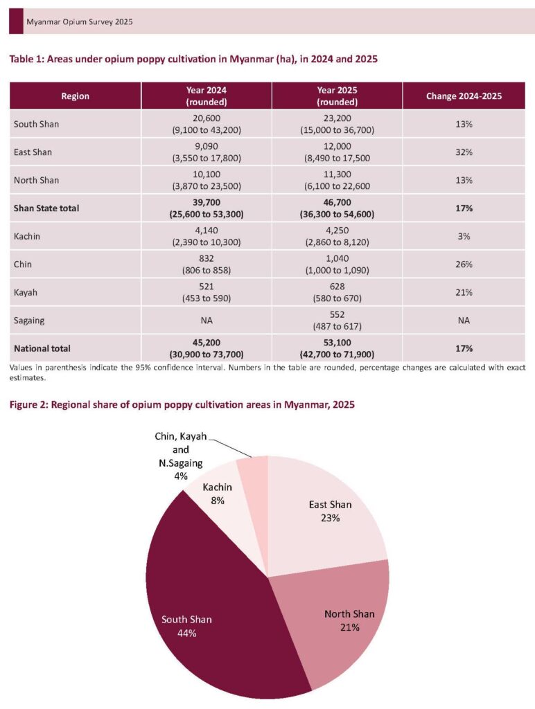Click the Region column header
pos(75,96)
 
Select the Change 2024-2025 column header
pos(464,96)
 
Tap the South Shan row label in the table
pos(36,124)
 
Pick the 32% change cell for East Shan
pos(464,152)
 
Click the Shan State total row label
pos(46,208)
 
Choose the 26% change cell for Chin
pos(464,264)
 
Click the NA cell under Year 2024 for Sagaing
pos(207,321)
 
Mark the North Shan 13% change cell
pos(464,180)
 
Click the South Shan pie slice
pos(208,609)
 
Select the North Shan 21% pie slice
pos(340,623)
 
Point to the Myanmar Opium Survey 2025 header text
pos(79,22)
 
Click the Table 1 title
pos(193,60)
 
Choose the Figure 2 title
pos(182,404)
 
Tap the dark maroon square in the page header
pos(16,21)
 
